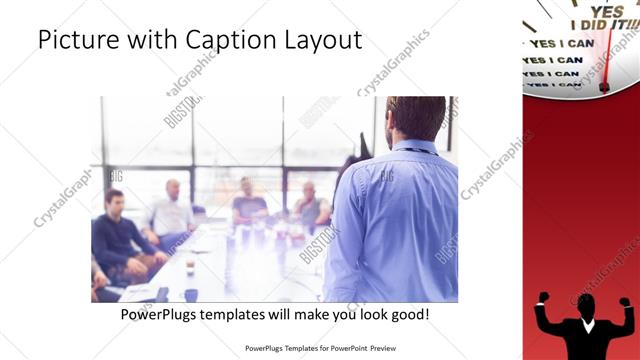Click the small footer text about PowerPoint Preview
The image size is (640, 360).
point(320,349)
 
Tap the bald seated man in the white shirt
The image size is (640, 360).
point(173,210)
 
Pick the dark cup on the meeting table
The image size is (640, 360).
point(190,268)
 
